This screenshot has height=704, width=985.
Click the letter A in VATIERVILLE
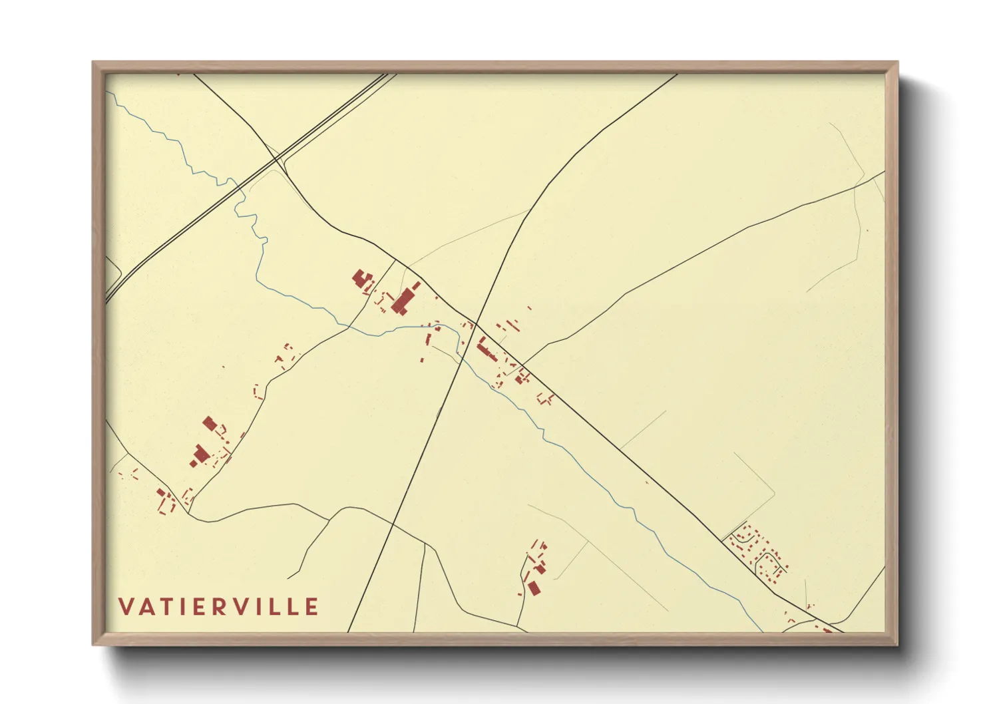pyautogui.click(x=146, y=607)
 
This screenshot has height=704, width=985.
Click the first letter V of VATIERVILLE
pyautogui.click(x=126, y=607)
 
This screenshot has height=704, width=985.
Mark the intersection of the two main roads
pyautogui.click(x=477, y=323)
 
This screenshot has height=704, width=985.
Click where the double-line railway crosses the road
pyautogui.click(x=276, y=158)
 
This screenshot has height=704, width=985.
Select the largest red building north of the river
pyautogui.click(x=401, y=301)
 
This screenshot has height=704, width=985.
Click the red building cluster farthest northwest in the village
pyautogui.click(x=362, y=279)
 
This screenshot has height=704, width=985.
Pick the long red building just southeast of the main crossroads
pyautogui.click(x=487, y=349)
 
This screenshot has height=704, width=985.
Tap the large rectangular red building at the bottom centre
pyautogui.click(x=534, y=588)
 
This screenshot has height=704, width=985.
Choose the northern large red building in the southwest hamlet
pyautogui.click(x=211, y=423)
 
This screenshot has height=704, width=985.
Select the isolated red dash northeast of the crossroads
pyautogui.click(x=529, y=308)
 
